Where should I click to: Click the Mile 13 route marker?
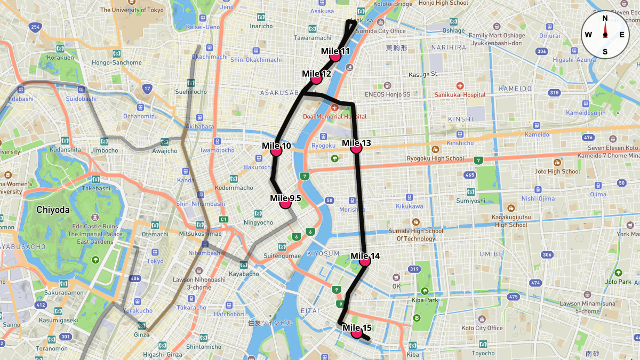click(356, 149)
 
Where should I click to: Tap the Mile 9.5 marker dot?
click(285, 203)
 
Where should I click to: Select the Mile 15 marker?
click(357, 333)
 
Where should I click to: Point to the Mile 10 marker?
click(276, 151)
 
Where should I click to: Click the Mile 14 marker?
click(365, 261)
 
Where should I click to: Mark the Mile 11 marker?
click(335, 56)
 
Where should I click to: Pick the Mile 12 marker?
click(316, 79)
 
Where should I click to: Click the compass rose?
click(605, 35)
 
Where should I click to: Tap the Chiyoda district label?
click(53, 210)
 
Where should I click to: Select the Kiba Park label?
click(425, 300)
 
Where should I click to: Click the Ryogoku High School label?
click(435, 158)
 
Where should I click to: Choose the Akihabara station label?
click(199, 127)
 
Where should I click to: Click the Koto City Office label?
click(482, 328)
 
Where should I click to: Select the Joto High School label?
click(557, 171)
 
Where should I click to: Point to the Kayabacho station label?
click(244, 274)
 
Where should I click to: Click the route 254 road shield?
click(36, 27)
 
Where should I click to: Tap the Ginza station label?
click(141, 334)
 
